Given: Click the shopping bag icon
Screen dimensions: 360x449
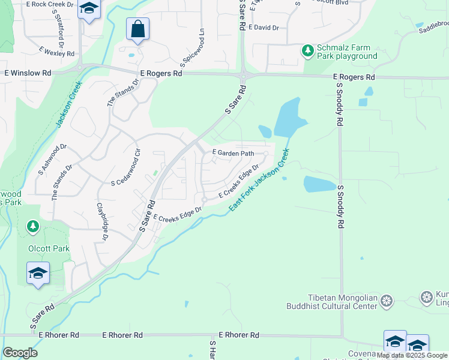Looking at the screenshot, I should (137, 29).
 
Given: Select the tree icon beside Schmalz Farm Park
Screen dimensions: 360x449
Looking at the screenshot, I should (308, 49).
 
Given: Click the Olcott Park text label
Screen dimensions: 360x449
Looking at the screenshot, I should (49, 248).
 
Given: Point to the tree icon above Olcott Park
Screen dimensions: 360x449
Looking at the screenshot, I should (33, 227).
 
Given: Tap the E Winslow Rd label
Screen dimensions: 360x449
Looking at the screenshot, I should (28, 73).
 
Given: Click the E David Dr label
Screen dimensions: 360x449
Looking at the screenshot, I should (263, 28).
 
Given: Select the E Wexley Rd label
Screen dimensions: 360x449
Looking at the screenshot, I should (57, 52).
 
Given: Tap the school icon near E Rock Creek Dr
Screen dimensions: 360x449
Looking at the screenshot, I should (89, 10).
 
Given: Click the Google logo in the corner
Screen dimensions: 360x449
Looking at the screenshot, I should (20, 353).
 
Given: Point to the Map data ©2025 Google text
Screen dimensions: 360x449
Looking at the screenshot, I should (412, 355).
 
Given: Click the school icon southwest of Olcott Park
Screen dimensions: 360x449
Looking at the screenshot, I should (38, 274).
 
